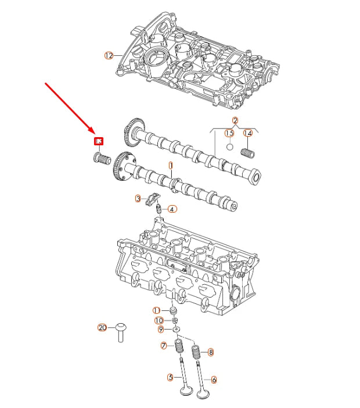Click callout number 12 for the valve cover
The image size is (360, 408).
pos(109,56)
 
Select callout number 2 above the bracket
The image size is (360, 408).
pos(235,121)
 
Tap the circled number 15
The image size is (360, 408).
pos(229,134)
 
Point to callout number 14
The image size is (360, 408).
pos(247,134)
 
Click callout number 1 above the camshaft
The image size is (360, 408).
pos(171,166)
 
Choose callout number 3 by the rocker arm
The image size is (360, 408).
pos(138,199)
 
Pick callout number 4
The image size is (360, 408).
pos(172,209)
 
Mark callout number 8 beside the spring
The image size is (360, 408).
pos(211,352)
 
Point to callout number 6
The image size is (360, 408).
pos(214,380)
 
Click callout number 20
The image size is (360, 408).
pos(102,328)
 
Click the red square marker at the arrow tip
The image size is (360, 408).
pos(99,141)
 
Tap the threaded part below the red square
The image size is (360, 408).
pos(101,158)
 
